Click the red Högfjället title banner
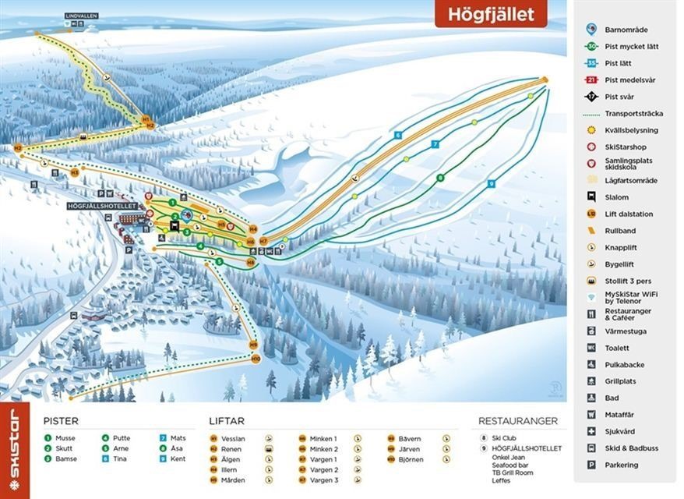point(490,13)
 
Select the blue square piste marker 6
point(397,135)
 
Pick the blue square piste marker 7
point(435,143)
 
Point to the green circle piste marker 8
point(440,178)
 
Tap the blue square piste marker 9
point(491,183)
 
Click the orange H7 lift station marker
point(263,241)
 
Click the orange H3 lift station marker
point(75,172)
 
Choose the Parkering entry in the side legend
point(621,465)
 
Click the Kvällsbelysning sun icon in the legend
point(592,130)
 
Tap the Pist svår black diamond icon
point(592,97)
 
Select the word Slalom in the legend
point(616,197)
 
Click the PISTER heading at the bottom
point(61,421)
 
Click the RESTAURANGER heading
point(518,421)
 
